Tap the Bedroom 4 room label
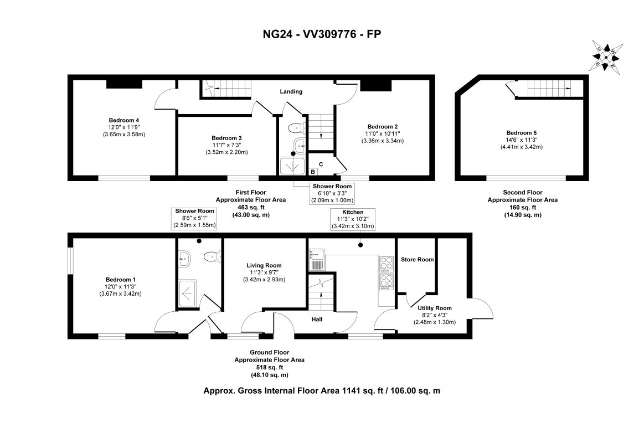(123, 120)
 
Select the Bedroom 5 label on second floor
(521, 133)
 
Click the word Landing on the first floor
(291, 91)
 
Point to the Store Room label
(418, 259)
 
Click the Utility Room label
(435, 308)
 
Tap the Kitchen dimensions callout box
(353, 219)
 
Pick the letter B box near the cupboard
(312, 172)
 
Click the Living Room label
(264, 265)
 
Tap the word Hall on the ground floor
(317, 320)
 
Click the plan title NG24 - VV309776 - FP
(322, 34)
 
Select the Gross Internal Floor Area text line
(322, 390)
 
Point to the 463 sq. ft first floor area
(250, 207)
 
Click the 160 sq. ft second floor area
(522, 207)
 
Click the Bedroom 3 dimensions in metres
(226, 152)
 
